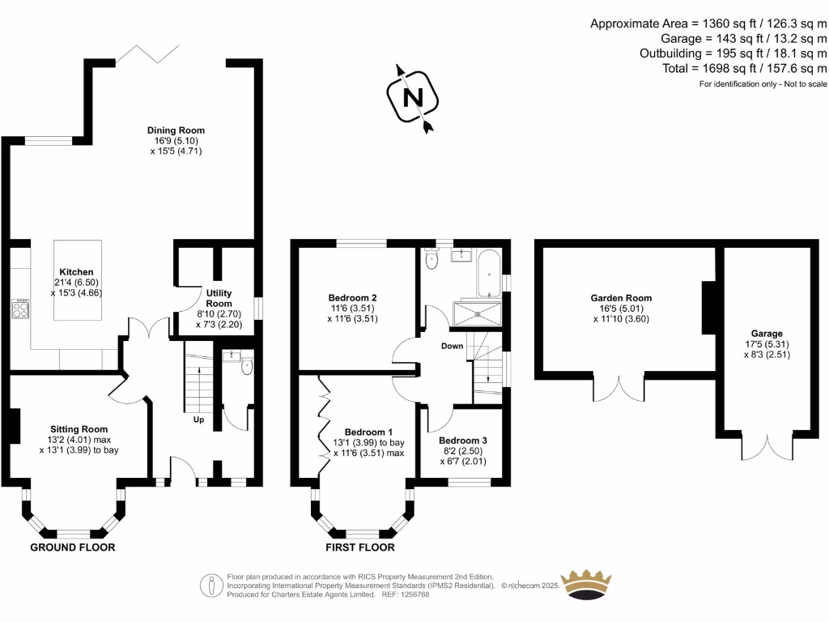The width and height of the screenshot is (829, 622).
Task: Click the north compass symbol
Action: point(414,97)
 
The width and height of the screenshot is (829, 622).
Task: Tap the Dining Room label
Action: point(176,130)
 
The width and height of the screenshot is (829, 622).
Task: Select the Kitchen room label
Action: point(76,272)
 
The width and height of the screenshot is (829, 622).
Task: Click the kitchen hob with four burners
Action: point(20,309)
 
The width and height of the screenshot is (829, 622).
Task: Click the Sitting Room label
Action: point(79,429)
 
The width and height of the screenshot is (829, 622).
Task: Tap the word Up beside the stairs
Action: point(198,420)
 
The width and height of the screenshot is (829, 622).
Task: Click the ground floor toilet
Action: point(247,368)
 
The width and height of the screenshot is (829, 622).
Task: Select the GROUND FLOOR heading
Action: point(73,547)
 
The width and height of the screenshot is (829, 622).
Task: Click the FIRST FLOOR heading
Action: point(360,547)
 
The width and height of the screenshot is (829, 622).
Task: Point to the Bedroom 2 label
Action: point(352,298)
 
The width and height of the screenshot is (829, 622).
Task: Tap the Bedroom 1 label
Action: point(368,432)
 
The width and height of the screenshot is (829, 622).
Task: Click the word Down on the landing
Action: point(452,347)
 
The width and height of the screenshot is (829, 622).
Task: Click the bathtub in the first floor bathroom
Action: point(487,274)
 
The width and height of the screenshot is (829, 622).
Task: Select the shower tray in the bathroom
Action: point(478,313)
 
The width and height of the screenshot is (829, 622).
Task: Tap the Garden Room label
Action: point(621,298)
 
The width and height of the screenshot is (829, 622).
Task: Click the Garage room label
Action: point(767,334)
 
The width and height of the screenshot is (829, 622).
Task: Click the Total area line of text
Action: point(745,69)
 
